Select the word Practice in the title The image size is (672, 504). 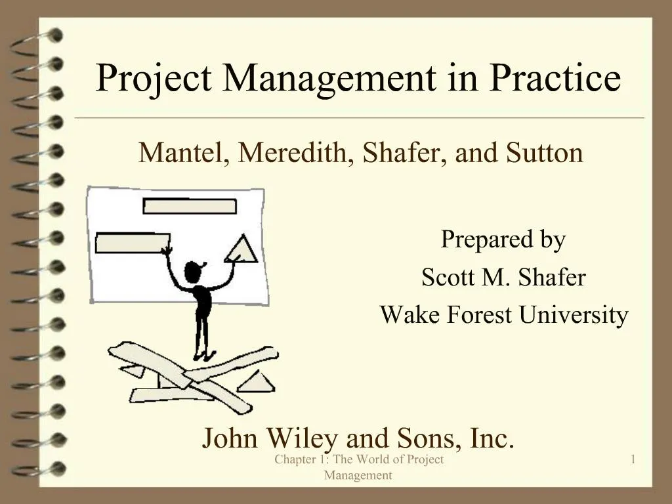coord(555,78)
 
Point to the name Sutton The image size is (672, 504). coord(545,154)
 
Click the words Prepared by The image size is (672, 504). coord(503,240)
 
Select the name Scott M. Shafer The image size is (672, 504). coord(503,278)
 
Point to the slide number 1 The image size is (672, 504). coord(633,460)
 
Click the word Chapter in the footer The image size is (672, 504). coord(296,460)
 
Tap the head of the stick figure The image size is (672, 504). coord(194,271)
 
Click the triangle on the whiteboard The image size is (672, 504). coord(245,249)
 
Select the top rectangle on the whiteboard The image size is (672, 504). coord(189,206)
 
